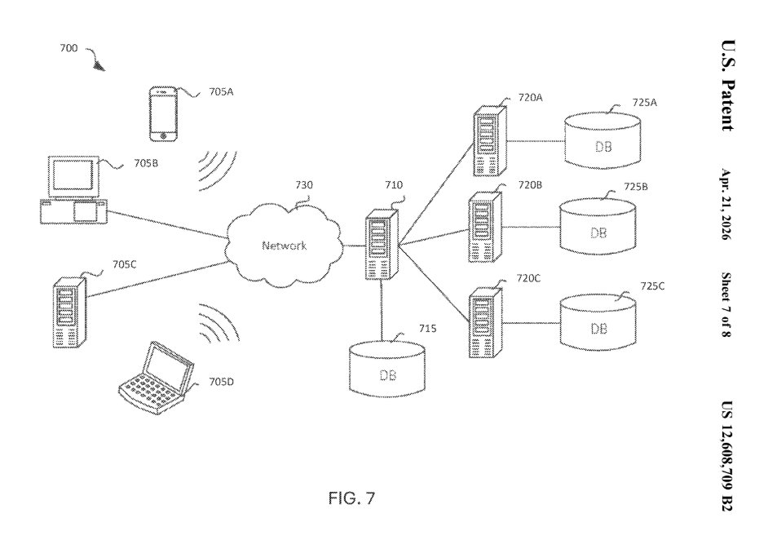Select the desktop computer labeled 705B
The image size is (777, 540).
click(73, 191)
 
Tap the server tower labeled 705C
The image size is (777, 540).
click(69, 312)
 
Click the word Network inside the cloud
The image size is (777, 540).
click(284, 246)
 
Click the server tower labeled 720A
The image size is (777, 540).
click(488, 140)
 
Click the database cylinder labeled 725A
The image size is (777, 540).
click(603, 141)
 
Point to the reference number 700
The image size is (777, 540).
click(68, 49)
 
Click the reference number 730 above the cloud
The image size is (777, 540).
click(302, 186)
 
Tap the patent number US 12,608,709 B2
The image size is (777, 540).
click(725, 457)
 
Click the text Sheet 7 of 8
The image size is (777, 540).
click(725, 306)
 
